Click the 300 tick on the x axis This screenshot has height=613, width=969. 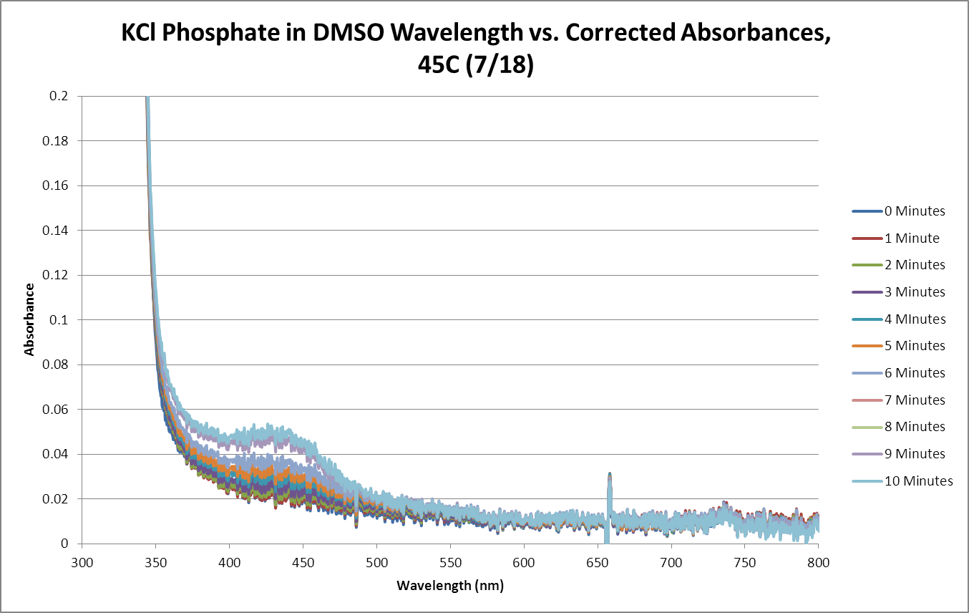(x=82, y=563)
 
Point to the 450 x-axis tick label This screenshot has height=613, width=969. (x=303, y=563)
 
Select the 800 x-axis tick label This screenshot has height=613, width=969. (x=818, y=563)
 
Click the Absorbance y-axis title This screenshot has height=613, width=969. (x=29, y=320)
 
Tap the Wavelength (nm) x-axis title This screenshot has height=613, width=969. (x=450, y=586)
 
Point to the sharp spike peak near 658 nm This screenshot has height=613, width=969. (x=609, y=475)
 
